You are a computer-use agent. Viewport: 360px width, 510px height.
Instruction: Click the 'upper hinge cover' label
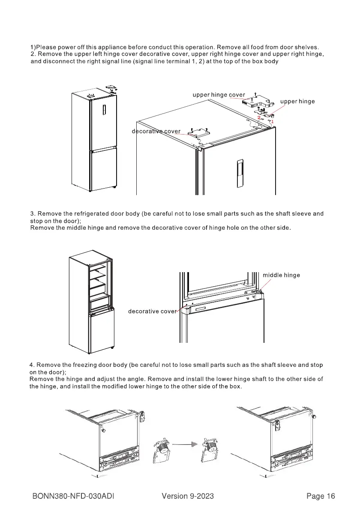219,95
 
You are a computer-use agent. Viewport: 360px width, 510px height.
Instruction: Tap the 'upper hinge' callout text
297,102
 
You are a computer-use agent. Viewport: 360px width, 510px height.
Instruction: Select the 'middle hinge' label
281,275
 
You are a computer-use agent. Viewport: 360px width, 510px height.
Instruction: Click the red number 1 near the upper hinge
272,121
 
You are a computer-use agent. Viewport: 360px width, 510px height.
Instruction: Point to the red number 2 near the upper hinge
259,117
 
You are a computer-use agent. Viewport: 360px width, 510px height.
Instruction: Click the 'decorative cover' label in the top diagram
156,131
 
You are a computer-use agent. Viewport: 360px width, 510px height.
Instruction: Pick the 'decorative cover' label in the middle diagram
152,311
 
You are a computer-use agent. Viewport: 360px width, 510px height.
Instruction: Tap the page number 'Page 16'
321,496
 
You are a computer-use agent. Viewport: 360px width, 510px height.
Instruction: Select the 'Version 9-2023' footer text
188,496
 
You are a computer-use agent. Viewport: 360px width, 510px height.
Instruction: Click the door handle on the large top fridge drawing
238,171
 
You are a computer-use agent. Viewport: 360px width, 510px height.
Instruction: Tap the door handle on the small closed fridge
103,111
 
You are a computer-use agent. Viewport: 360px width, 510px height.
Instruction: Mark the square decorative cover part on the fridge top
198,133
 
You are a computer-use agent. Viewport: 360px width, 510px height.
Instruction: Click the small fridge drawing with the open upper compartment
92,300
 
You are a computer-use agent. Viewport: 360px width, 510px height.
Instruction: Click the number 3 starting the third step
32,213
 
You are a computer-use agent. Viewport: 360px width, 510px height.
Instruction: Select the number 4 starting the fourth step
32,365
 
